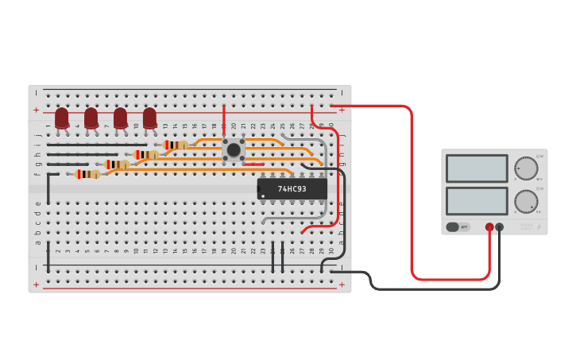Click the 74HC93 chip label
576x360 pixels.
292,189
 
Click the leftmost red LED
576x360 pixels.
62,118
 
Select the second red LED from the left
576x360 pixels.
91,118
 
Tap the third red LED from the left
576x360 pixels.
120,118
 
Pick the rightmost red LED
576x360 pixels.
149,118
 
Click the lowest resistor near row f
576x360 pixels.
87,174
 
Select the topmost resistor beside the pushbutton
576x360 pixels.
175,145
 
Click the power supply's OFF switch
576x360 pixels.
458,227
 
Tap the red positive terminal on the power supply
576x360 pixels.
489,227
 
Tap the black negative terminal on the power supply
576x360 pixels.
500,227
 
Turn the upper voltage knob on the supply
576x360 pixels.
525,168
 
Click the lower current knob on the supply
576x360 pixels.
525,200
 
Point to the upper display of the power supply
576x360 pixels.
477,168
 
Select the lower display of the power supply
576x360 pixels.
477,200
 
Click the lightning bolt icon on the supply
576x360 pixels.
539,227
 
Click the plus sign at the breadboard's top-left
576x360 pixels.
36,110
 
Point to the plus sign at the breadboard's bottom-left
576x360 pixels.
36,285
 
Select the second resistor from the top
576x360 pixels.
145,155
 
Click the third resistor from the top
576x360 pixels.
117,165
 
